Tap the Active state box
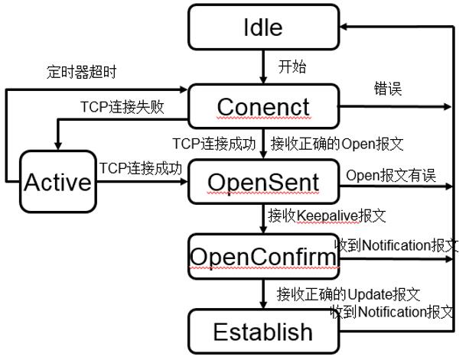(57, 181)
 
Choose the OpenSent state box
(262, 181)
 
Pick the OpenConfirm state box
(262, 258)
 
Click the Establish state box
(262, 331)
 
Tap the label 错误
(383, 89)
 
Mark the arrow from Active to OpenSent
(140, 182)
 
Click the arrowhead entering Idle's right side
(344, 27)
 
